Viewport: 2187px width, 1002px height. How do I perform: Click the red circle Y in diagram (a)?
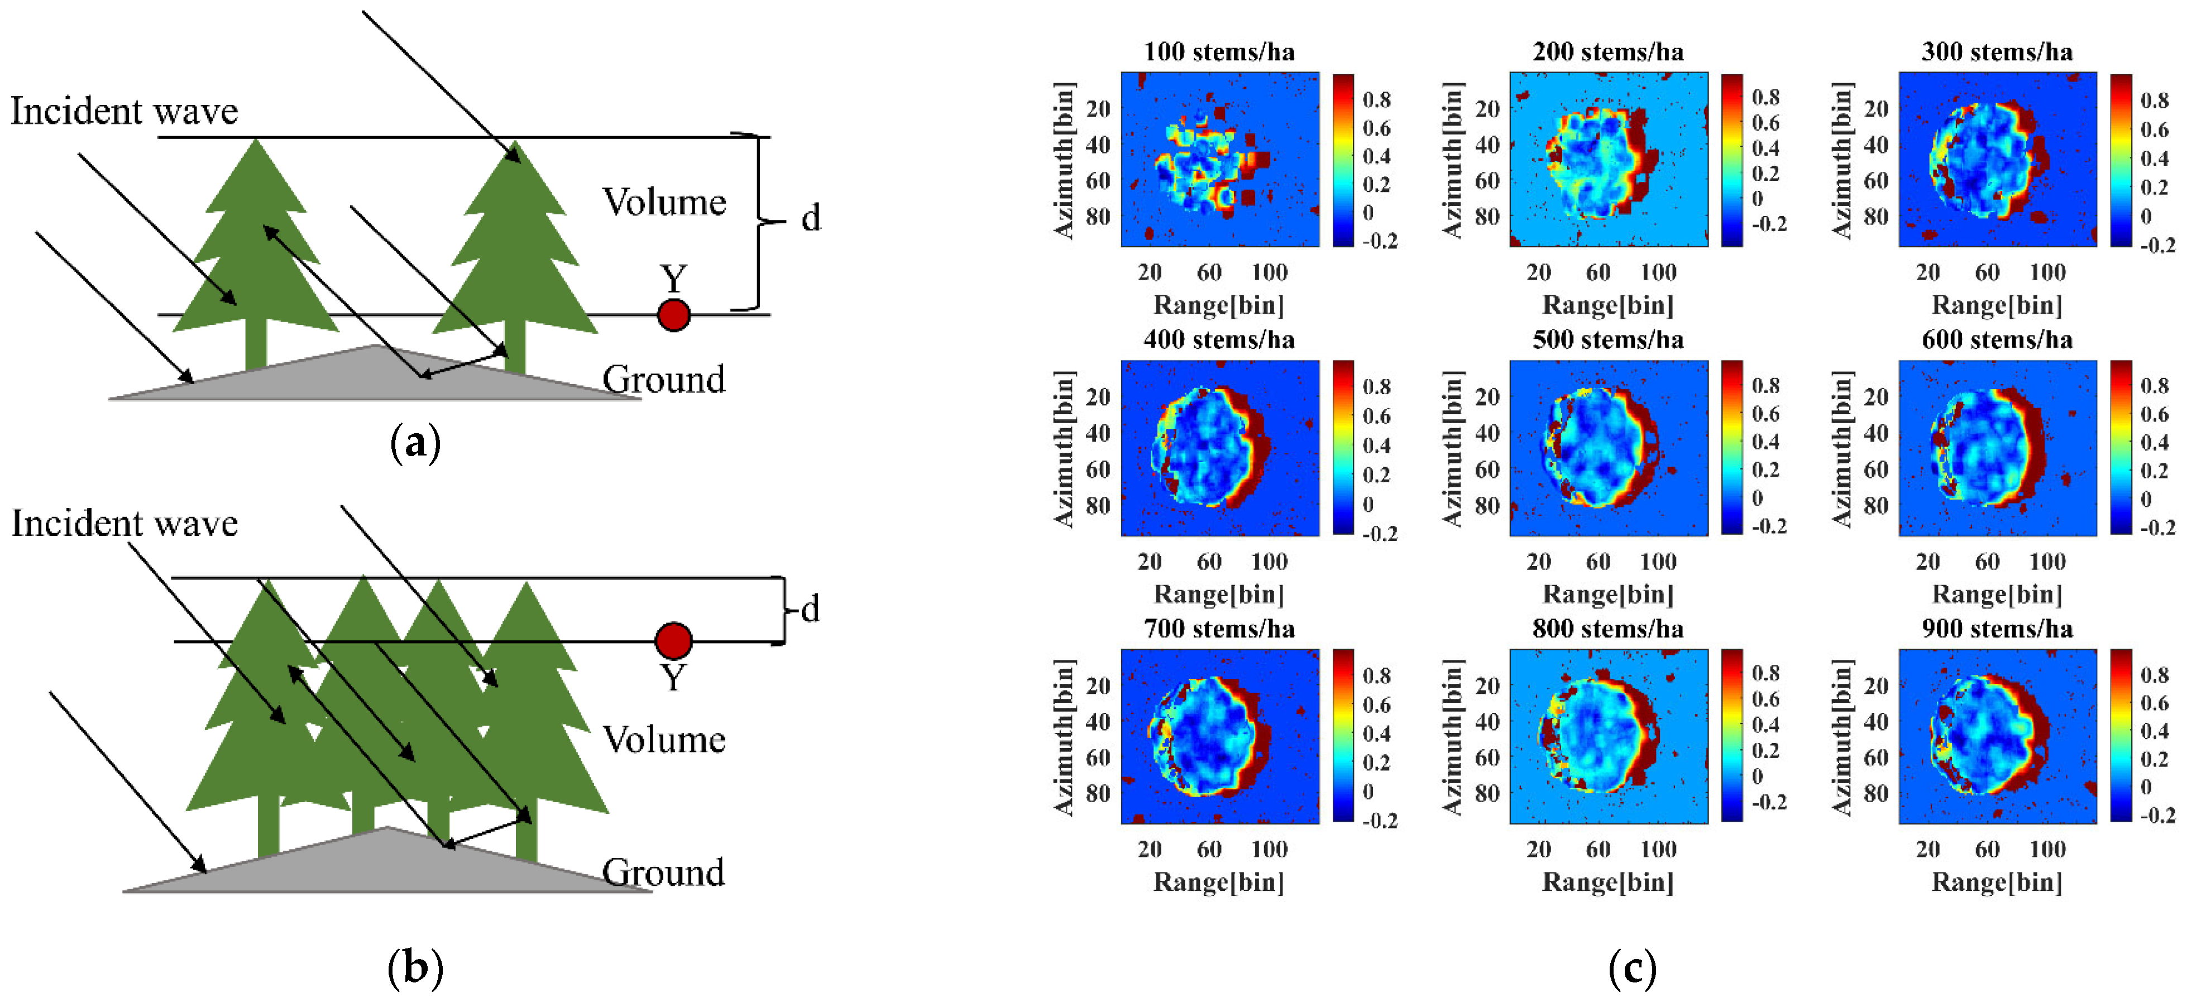pyautogui.click(x=673, y=315)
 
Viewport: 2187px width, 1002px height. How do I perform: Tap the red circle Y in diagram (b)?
pyautogui.click(x=673, y=640)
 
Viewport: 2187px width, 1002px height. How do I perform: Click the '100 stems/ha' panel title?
pyautogui.click(x=1219, y=52)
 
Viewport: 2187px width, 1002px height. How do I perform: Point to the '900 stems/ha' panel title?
pyautogui.click(x=1997, y=629)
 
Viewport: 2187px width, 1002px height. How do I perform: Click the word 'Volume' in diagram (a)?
pyautogui.click(x=664, y=202)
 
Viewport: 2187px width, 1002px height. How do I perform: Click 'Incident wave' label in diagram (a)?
pyautogui.click(x=124, y=111)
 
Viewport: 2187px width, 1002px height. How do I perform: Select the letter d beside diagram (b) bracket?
pyautogui.click(x=811, y=609)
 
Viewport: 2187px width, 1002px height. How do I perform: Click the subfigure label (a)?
pyautogui.click(x=415, y=443)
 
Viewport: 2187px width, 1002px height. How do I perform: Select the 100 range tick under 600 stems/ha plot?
pyautogui.click(x=2047, y=562)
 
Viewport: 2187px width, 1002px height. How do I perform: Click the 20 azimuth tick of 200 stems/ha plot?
pyautogui.click(x=1487, y=109)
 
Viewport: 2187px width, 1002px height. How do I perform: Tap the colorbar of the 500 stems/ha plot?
pyautogui.click(x=1732, y=448)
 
